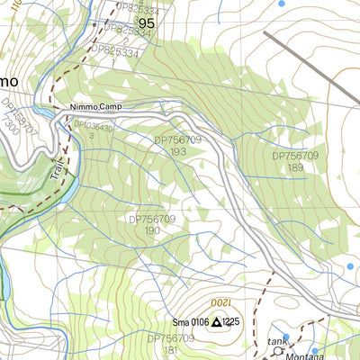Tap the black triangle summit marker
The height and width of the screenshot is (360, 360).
(216, 322)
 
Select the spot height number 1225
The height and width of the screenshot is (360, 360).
(232, 322)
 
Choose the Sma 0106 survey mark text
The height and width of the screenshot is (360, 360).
(190, 322)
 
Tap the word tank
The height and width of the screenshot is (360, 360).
(276, 341)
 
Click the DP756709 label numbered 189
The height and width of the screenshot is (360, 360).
(295, 160)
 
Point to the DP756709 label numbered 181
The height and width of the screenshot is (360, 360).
(170, 344)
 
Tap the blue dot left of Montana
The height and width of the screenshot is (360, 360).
(316, 351)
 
